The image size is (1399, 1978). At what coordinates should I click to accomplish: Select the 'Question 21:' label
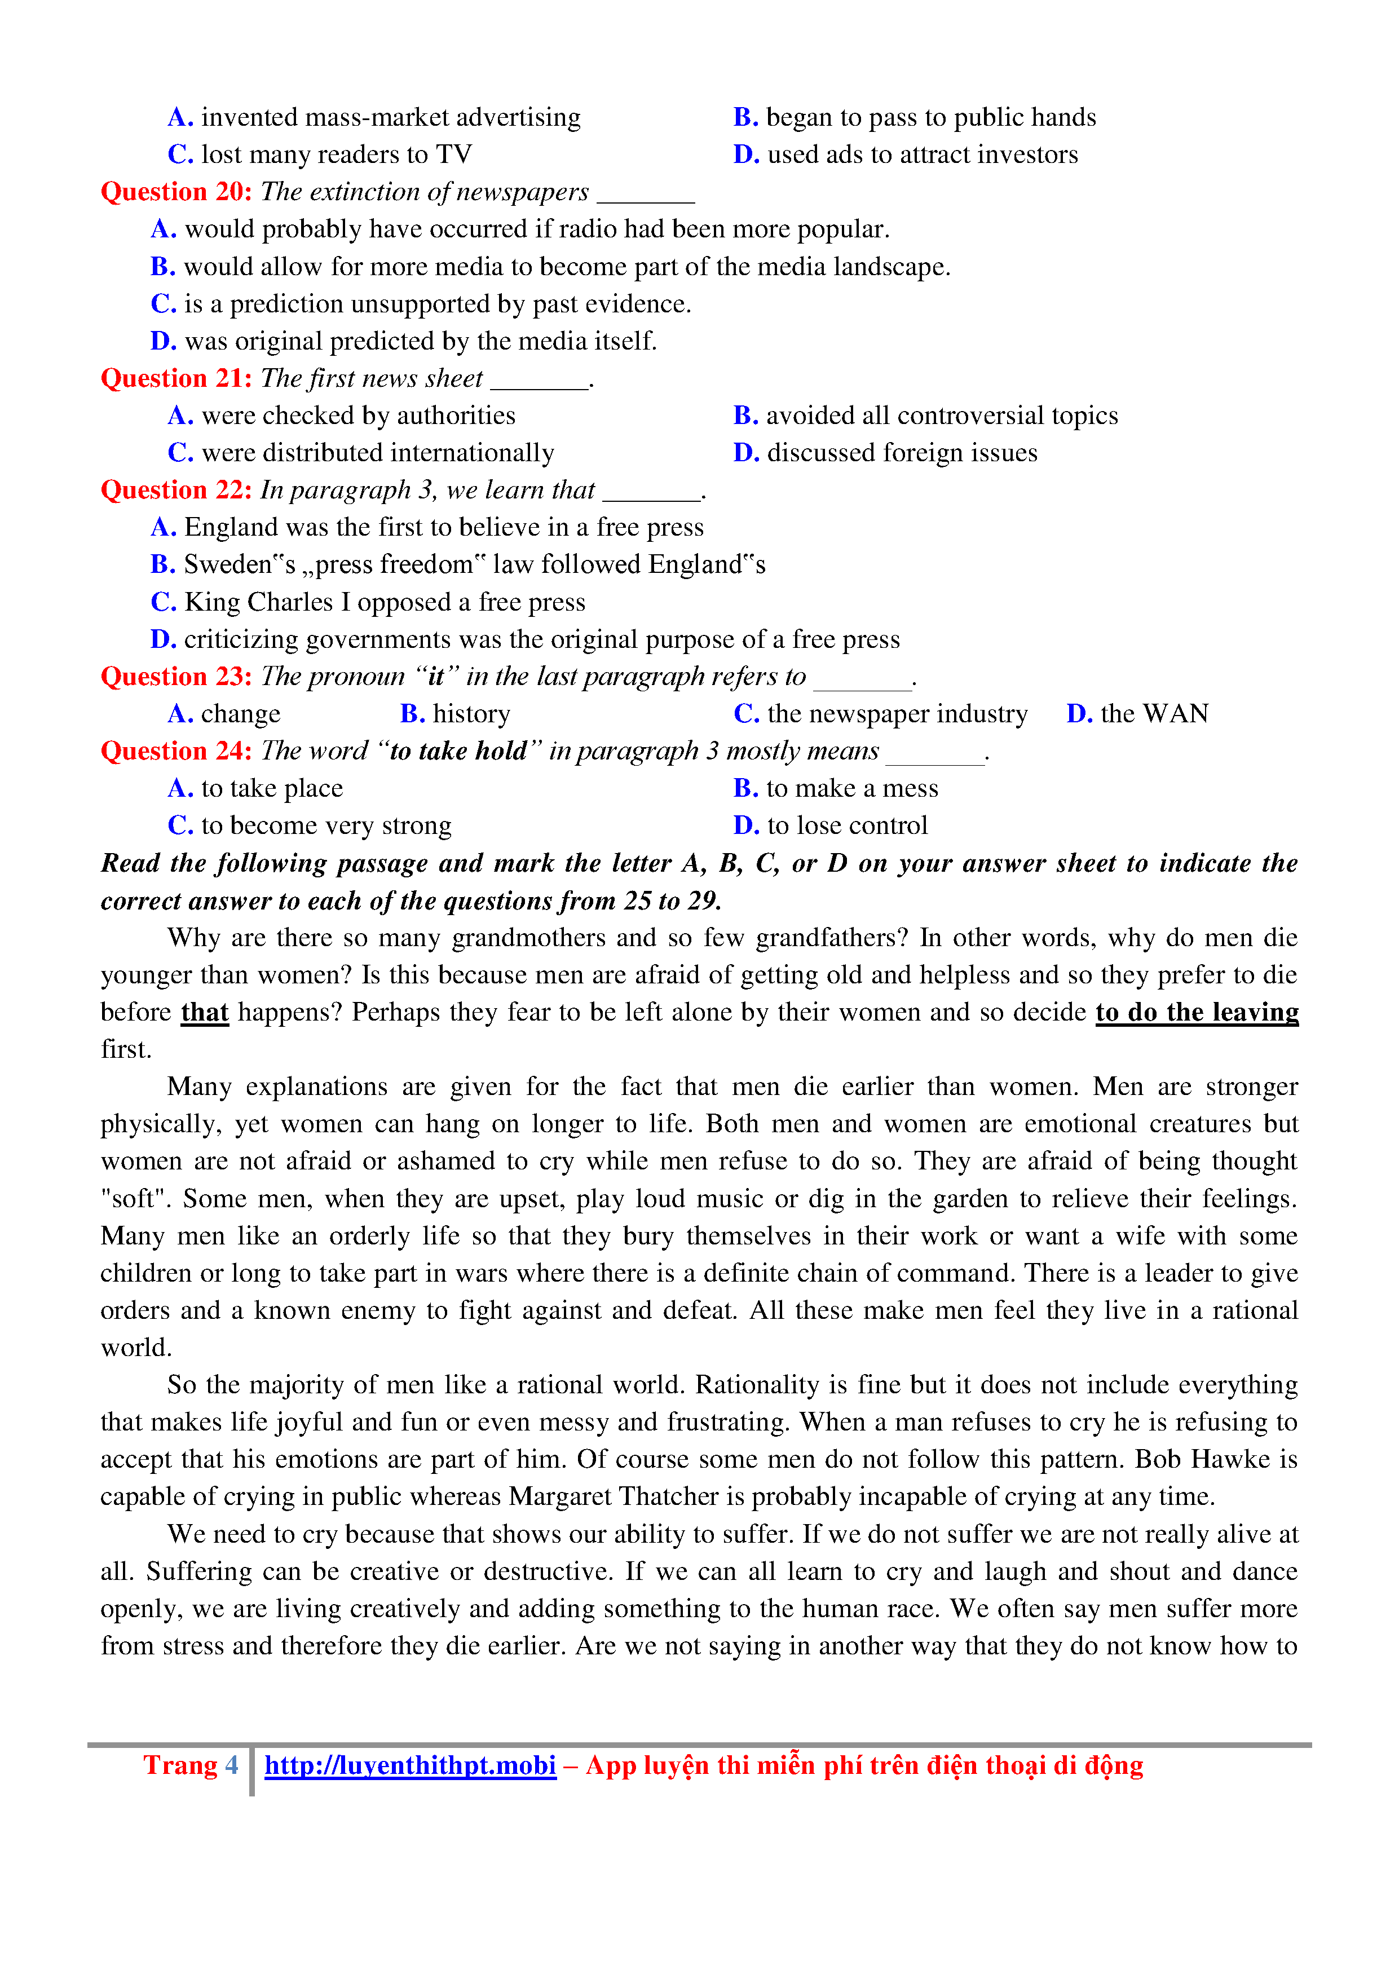pyautogui.click(x=176, y=379)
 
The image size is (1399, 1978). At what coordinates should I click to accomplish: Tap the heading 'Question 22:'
pyautogui.click(x=176, y=490)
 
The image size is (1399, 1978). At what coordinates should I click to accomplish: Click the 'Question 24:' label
pyautogui.click(x=176, y=751)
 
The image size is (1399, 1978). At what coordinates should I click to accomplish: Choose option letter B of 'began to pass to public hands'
pyautogui.click(x=745, y=118)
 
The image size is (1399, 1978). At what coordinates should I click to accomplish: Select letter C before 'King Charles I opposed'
pyautogui.click(x=163, y=602)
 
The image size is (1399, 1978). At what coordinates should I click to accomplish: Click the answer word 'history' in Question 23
pyautogui.click(x=471, y=714)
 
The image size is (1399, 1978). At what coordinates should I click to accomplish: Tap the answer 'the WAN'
pyautogui.click(x=1154, y=714)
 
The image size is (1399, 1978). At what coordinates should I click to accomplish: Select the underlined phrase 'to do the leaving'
pyautogui.click(x=1197, y=1012)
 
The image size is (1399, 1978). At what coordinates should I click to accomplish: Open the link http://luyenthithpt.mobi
pyautogui.click(x=410, y=1766)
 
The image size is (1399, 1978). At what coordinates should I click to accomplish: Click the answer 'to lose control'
pyautogui.click(x=847, y=826)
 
